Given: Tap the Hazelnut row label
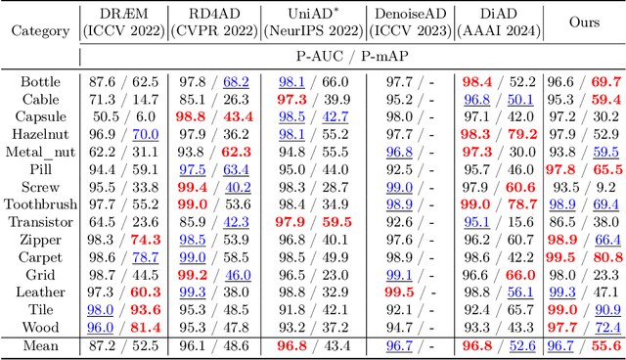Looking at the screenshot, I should point(40,135).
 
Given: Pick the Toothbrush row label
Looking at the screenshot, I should point(40,203).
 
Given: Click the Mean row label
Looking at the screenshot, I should point(40,345).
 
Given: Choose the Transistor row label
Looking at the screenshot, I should point(40,221).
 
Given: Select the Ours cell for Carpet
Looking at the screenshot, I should point(584,257).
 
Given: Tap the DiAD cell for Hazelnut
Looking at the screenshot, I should point(498,135).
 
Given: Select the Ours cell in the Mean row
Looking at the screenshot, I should point(584,345).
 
